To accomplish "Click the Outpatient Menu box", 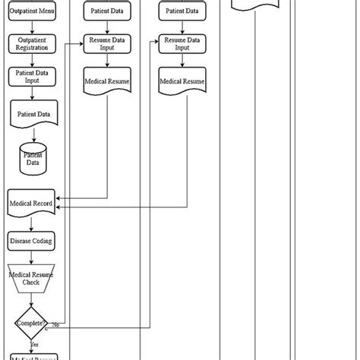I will click(32, 12).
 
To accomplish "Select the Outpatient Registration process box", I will click(32, 43).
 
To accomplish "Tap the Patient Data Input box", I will click(32, 77).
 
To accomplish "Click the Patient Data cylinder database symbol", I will click(33, 158).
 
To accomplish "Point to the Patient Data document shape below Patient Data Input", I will click(33, 115).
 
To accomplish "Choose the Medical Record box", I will click(32, 204).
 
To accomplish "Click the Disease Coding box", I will click(32, 240).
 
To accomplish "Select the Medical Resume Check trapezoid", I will click(32, 278).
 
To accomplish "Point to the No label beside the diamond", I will click(55, 324).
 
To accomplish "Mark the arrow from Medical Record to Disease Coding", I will click(32, 224).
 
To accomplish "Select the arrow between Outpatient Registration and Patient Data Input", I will click(32, 60).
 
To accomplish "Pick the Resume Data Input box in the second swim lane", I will click(106, 43).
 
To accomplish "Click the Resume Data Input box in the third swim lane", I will click(182, 43).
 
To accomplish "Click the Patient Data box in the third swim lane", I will click(182, 12).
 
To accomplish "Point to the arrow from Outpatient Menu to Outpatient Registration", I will click(32, 27).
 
